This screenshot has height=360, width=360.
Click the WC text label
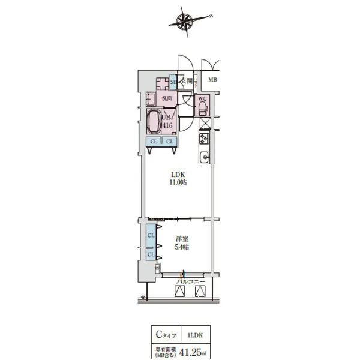coord(202,98)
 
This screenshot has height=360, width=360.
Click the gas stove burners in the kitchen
coord(203,139)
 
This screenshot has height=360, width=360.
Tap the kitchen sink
coord(204,158)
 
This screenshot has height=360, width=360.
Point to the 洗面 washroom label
coord(167,98)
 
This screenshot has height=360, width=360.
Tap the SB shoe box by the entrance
coord(173,82)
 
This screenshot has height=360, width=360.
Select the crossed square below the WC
coord(204,123)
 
